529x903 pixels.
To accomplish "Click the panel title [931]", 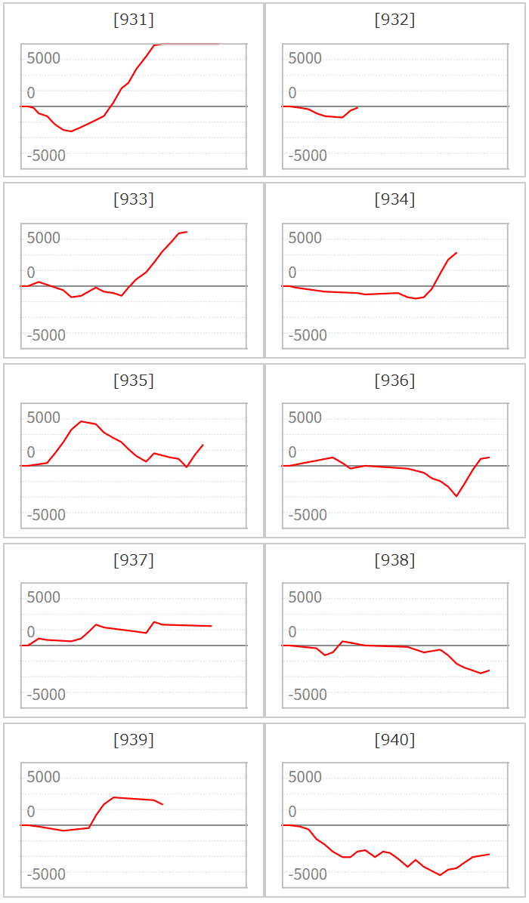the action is [134, 20].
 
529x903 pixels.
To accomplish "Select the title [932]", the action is [394, 20].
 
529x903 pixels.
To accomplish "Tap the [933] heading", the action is [134, 200].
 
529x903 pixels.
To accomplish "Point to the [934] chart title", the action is [394, 200].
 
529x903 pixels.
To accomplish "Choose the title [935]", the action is [134, 380].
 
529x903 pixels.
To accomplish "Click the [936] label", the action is [394, 380].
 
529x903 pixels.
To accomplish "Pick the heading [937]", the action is [134, 559].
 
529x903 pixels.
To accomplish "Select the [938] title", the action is [394, 559].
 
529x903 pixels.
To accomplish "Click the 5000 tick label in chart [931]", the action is [44, 59].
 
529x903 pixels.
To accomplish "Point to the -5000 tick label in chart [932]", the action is [307, 156].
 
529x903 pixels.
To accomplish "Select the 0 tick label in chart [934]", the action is [292, 273].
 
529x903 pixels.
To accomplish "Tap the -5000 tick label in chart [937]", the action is [46, 695].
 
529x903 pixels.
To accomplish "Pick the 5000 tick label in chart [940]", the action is [305, 778].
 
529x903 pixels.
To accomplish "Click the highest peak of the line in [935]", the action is [82, 421].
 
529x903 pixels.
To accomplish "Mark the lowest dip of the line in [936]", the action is [456, 496].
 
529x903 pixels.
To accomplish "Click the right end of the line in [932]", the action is [358, 107].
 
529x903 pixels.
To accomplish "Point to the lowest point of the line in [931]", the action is [71, 131].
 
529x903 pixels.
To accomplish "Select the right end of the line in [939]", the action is [163, 804].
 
